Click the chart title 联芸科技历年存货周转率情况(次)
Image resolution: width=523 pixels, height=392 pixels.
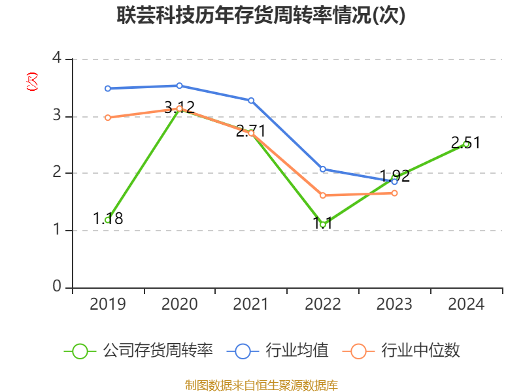click(261, 15)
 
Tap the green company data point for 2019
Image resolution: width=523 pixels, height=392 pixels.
click(108, 220)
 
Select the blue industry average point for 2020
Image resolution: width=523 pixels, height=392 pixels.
click(179, 86)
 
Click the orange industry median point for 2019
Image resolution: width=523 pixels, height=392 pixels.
click(108, 118)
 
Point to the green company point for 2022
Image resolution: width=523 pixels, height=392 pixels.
click(323, 225)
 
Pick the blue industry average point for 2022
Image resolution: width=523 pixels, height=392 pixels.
click(323, 169)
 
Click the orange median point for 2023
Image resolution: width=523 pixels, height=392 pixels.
click(394, 193)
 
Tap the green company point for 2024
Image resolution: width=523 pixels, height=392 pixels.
click(466, 144)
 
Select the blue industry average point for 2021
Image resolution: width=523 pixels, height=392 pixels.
click(251, 100)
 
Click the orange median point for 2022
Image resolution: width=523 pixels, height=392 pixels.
click(323, 195)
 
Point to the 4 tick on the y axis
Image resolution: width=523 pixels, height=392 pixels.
click(57, 59)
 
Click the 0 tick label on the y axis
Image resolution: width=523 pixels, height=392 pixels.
click(57, 287)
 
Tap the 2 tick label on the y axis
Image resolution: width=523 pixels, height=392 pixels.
click(57, 172)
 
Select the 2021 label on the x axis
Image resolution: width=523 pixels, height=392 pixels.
click(251, 304)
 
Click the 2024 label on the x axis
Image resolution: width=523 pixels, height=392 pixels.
click(466, 304)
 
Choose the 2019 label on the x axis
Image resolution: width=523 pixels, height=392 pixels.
click(108, 304)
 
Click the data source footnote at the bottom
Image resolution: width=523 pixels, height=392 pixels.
click(261, 385)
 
